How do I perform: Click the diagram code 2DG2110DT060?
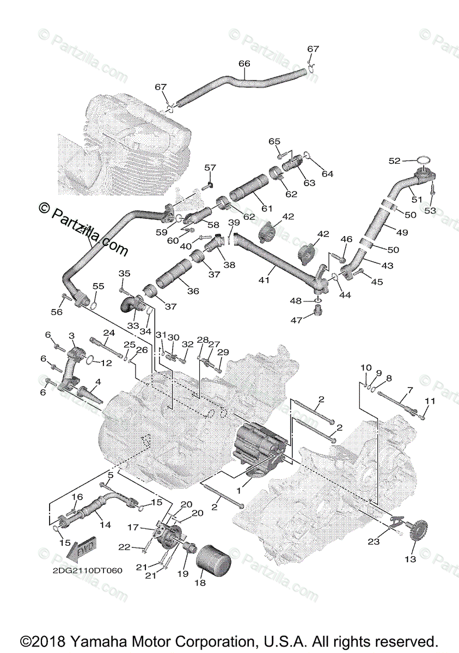pos(87,571)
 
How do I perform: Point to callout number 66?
pos(244,64)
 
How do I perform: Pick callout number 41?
pos(265,280)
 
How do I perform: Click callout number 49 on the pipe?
pos(402,232)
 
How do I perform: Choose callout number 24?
pos(109,333)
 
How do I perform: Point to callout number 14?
pos(105,525)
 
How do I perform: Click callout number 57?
pos(210,168)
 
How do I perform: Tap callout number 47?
pos(296,321)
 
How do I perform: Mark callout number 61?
pos(266,208)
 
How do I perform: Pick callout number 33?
pos(133,325)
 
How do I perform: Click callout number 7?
pos(410,390)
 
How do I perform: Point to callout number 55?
pos(98,286)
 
